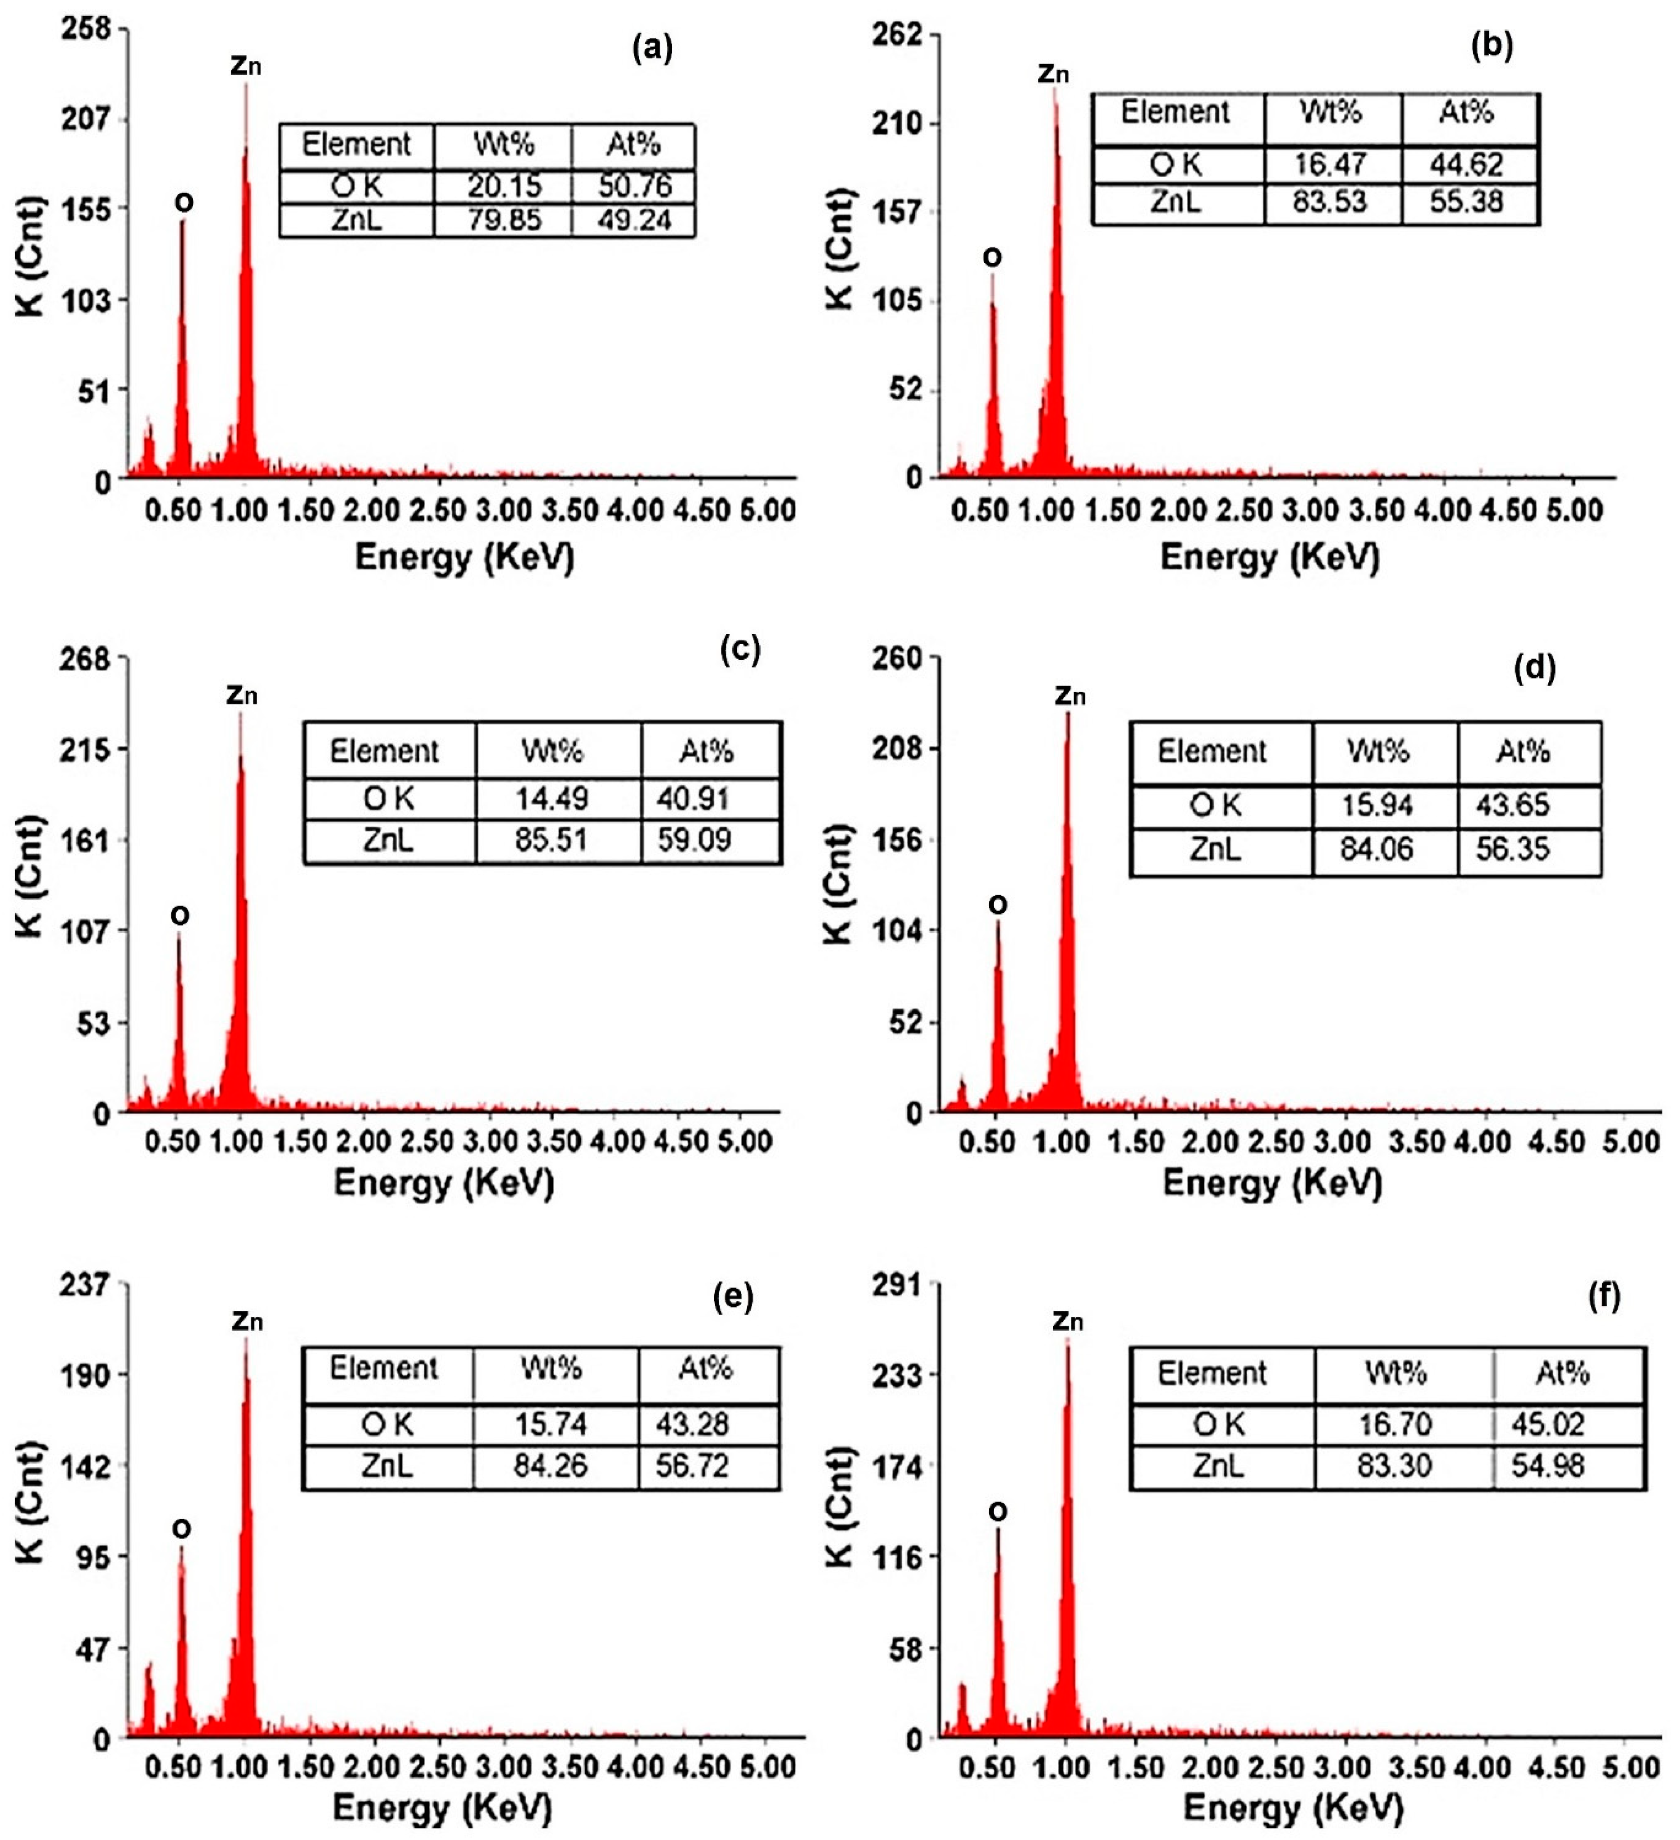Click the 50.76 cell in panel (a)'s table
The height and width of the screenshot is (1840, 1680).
(x=634, y=186)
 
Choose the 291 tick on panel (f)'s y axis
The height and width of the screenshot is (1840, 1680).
(x=898, y=1284)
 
